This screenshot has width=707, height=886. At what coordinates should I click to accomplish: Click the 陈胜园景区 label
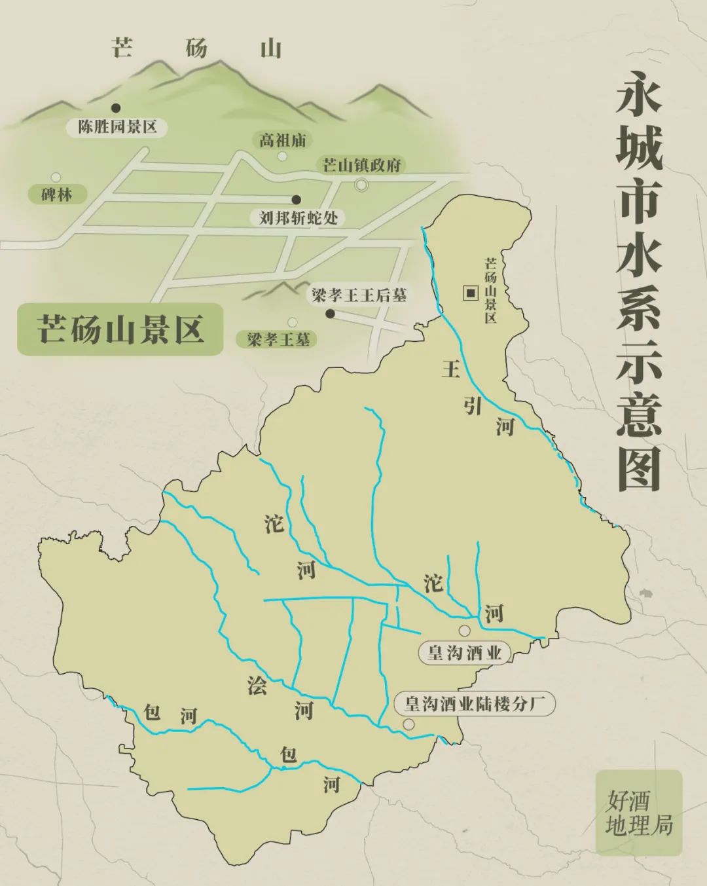pos(118,127)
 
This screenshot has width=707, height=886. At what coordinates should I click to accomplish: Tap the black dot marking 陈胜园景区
pos(116,107)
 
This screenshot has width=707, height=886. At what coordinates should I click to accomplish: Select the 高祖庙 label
pos(282,140)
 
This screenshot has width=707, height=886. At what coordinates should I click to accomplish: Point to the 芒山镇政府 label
pos(361,165)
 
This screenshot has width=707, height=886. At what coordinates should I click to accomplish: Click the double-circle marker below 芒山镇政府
pos(361,185)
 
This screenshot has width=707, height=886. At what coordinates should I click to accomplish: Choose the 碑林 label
pos(56,194)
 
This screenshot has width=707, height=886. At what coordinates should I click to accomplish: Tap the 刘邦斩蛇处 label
pos(299,217)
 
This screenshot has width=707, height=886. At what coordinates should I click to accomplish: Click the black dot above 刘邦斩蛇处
pos(296,200)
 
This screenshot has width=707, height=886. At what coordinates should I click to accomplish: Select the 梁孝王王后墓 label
pos(359,295)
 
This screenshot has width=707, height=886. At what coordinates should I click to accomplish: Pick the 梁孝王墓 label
pos(278,339)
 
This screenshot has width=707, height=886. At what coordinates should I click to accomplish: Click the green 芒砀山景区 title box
pos(120,329)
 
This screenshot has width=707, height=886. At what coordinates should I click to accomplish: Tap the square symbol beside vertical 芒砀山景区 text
pos(470,293)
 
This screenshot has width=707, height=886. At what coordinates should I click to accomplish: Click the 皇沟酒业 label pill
pos(464,652)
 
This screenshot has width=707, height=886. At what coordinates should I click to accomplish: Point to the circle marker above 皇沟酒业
pos(464,631)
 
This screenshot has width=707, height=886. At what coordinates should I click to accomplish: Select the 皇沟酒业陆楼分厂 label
pos(475,704)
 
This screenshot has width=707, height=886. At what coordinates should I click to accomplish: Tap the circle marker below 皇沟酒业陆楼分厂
pos(409,724)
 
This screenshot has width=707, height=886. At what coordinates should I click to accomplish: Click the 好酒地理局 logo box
pos(639,812)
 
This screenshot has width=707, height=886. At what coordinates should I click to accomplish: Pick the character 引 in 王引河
pos(473,406)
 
